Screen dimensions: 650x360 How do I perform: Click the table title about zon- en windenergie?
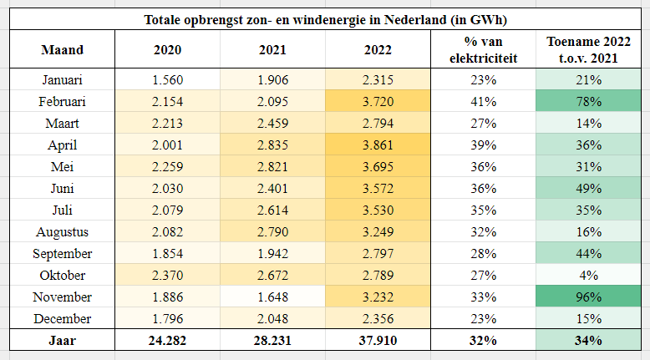tap(325, 19)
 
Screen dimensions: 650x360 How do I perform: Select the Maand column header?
tap(62, 50)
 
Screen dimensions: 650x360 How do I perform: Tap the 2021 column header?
tap(272, 50)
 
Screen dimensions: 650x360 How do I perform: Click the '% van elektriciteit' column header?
tap(484, 50)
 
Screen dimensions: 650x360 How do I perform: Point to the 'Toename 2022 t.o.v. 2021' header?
tap(589, 50)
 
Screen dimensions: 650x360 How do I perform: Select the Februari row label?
tap(62, 102)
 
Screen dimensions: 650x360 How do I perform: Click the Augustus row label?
tap(62, 232)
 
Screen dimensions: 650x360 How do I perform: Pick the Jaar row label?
tap(62, 341)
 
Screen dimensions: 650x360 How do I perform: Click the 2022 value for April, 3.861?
tap(378, 145)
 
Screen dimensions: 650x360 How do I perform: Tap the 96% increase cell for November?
tap(589, 297)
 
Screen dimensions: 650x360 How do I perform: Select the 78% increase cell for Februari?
tap(589, 102)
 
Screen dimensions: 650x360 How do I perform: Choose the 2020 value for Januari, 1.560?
tap(167, 80)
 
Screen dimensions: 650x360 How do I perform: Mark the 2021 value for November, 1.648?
tap(272, 297)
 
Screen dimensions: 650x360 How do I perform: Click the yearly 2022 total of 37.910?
tap(378, 341)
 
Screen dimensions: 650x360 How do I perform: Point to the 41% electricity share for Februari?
tap(484, 102)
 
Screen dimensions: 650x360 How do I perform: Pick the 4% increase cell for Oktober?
tap(589, 276)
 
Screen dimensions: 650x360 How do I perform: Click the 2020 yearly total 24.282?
tap(167, 341)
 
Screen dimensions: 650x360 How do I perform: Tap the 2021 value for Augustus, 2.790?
tap(272, 232)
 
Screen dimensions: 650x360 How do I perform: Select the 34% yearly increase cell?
tap(589, 341)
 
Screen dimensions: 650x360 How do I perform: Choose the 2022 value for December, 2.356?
tap(378, 319)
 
